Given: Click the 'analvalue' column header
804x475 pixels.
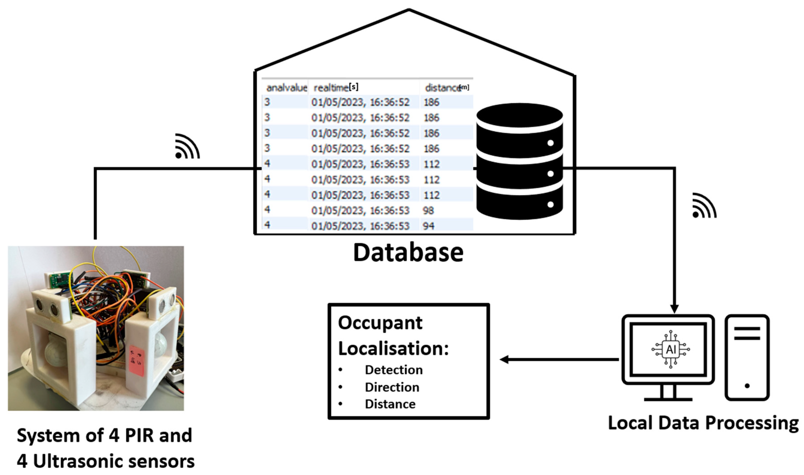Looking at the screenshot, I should click(x=286, y=88).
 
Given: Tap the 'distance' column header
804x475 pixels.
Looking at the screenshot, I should click(x=443, y=88).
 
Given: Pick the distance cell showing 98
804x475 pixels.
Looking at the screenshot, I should click(x=428, y=211).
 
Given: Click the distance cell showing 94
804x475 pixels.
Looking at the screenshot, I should click(x=428, y=226).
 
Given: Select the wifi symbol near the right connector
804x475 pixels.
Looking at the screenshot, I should click(x=704, y=206).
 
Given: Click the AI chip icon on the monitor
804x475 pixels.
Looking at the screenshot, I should click(x=671, y=349).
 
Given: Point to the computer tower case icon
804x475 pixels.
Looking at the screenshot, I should click(x=747, y=357).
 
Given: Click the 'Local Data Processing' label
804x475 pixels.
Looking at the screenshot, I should click(x=703, y=423).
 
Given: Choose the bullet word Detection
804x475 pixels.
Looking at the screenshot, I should click(x=394, y=370).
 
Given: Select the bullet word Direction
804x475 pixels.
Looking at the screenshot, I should click(x=392, y=387).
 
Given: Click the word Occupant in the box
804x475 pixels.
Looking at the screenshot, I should click(x=380, y=323).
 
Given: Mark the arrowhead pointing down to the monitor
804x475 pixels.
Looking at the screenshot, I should click(x=675, y=309).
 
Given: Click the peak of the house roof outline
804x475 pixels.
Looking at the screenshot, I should click(x=409, y=10).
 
